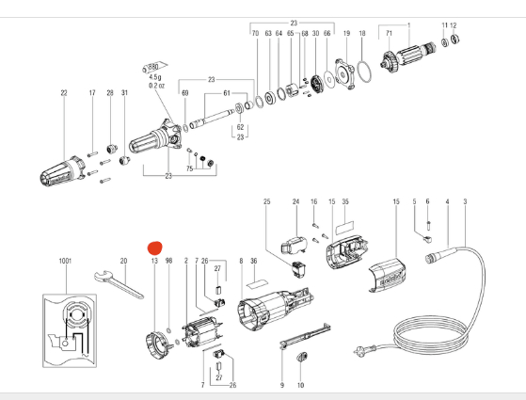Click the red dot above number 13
click(155, 248)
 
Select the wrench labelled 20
click(119, 284)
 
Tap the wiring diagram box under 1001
click(70, 330)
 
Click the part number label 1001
click(65, 261)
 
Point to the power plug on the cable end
click(360, 351)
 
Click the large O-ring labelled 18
click(364, 72)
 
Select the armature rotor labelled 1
click(408, 56)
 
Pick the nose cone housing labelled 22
click(63, 171)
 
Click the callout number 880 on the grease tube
click(153, 67)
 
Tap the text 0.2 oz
click(156, 86)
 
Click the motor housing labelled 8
click(275, 310)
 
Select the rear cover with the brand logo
click(388, 275)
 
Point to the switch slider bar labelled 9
click(305, 336)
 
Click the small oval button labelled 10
click(302, 357)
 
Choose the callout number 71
click(389, 33)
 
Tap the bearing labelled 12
click(454, 39)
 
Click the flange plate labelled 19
click(345, 73)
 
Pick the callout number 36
click(254, 261)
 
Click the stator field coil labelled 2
click(202, 334)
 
